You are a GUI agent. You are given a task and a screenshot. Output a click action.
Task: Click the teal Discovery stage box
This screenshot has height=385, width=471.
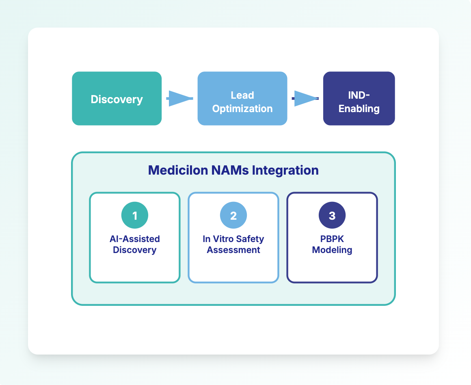(x=117, y=99)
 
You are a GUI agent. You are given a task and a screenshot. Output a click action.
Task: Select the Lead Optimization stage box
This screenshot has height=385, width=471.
(x=242, y=99)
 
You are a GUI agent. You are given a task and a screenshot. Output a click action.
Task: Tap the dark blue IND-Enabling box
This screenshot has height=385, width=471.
(x=359, y=99)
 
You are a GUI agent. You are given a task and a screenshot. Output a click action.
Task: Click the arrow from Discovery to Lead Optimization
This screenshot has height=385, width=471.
(x=179, y=99)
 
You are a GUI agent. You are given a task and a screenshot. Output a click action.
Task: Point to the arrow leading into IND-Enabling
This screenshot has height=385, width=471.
(x=305, y=99)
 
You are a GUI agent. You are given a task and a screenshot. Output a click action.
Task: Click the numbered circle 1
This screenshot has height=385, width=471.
(x=135, y=216)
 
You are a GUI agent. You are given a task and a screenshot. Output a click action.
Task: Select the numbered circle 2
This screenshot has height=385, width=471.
(x=233, y=216)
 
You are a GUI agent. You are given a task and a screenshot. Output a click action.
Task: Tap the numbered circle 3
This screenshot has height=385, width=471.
(x=332, y=216)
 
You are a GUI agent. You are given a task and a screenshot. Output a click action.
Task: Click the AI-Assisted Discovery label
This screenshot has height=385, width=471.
(x=135, y=244)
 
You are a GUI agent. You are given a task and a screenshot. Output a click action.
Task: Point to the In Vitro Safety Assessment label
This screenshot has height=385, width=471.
(x=233, y=244)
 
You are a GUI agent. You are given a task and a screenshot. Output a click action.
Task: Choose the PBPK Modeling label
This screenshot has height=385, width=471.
(x=332, y=244)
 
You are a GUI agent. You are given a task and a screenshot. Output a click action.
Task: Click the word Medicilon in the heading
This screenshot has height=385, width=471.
(x=178, y=170)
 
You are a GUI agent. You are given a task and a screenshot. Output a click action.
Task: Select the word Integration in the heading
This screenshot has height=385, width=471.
(x=285, y=170)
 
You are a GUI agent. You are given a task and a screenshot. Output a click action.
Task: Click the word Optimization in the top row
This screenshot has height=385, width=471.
(x=242, y=109)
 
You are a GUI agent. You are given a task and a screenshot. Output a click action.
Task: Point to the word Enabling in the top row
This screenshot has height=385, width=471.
(x=359, y=109)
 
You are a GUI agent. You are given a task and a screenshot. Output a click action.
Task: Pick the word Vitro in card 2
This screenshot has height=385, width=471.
(x=225, y=239)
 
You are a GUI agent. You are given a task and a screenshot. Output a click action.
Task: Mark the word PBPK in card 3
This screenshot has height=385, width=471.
(x=332, y=239)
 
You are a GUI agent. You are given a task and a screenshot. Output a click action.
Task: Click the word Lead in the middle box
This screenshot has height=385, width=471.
(x=242, y=95)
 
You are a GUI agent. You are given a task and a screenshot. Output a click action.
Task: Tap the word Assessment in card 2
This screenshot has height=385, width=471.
(x=233, y=250)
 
